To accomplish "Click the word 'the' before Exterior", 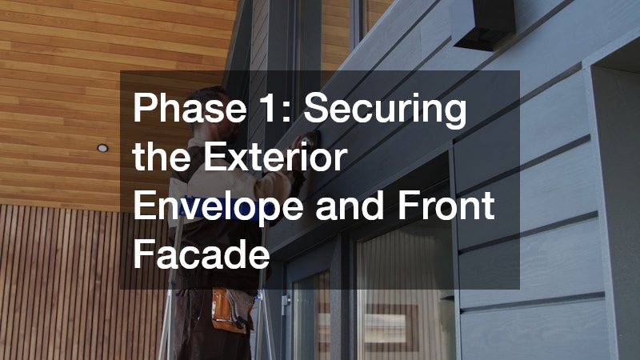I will (x=161, y=158).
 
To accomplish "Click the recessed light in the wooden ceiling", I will (x=102, y=148).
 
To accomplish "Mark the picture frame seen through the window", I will (x=404, y=327).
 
